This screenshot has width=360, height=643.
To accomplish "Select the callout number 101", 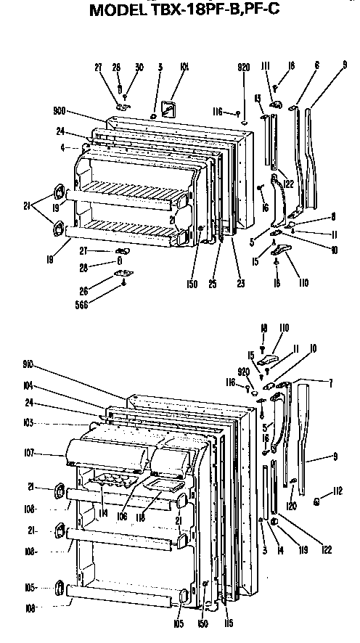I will click(x=184, y=67).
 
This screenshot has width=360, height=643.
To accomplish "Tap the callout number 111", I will click(x=266, y=67).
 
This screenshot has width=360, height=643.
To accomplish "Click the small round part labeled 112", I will click(x=318, y=502).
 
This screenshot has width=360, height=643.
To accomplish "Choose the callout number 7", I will click(x=330, y=382).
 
